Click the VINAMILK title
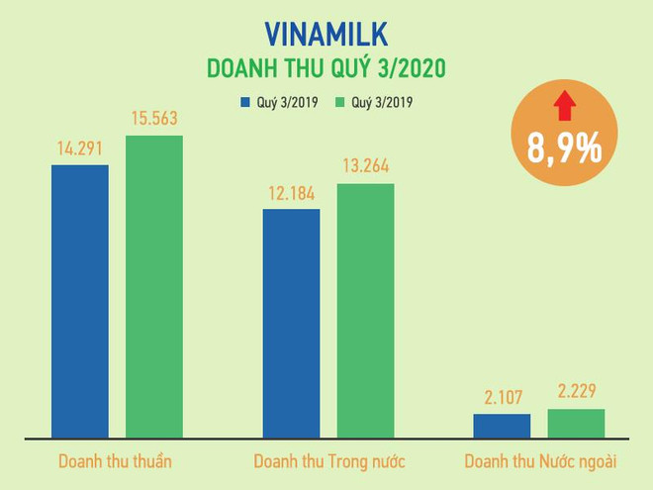pyautogui.click(x=326, y=34)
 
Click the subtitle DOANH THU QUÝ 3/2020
pyautogui.click(x=326, y=69)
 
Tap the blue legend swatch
pyautogui.click(x=243, y=102)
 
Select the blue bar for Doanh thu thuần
pyautogui.click(x=80, y=301)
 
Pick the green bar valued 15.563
pyautogui.click(x=154, y=287)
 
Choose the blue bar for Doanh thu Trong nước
pyautogui.click(x=291, y=323)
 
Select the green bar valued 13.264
pyautogui.click(x=365, y=311)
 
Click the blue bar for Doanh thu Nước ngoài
pyautogui.click(x=502, y=426)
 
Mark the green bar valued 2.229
pyautogui.click(x=576, y=423)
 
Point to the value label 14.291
pyautogui.click(x=80, y=149)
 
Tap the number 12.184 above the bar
pyautogui.click(x=291, y=193)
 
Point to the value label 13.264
pyautogui.click(x=365, y=167)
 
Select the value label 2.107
pyautogui.click(x=502, y=397)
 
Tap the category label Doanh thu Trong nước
pyautogui.click(x=328, y=462)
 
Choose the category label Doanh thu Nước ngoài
pyautogui.click(x=539, y=462)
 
